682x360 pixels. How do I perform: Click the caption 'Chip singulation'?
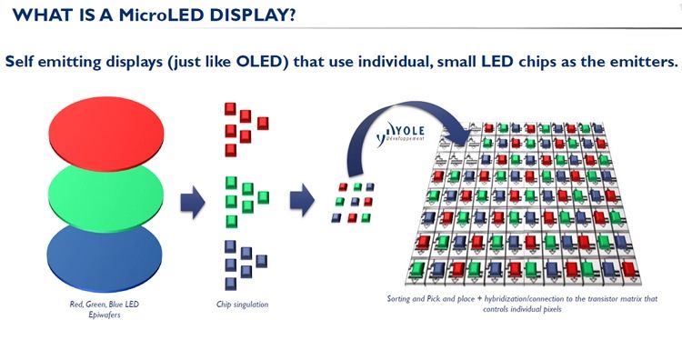[x=243, y=304]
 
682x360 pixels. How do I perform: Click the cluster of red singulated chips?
[x=244, y=125]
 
